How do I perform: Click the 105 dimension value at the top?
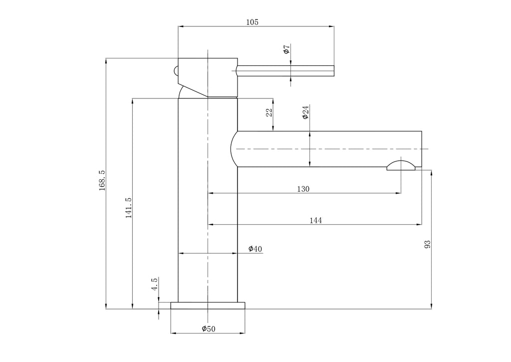click(252, 22)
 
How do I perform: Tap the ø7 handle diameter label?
click(286, 49)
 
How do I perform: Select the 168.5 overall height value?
click(102, 180)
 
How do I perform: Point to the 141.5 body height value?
click(129, 208)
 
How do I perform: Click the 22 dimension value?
click(269, 113)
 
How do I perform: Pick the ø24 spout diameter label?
click(305, 112)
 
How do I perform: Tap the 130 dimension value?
click(303, 189)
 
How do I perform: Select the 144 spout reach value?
click(315, 221)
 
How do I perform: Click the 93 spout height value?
click(427, 244)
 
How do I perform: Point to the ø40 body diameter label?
click(255, 249)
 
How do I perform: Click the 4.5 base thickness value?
click(155, 284)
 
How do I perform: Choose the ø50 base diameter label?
click(209, 329)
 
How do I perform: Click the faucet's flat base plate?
click(208, 306)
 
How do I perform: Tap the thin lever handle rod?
click(285, 71)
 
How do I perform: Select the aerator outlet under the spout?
click(401, 165)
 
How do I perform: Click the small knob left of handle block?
click(176, 71)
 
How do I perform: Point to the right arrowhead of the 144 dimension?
click(419, 224)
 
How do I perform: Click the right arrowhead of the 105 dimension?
click(332, 26)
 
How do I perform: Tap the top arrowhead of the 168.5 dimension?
click(106, 60)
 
